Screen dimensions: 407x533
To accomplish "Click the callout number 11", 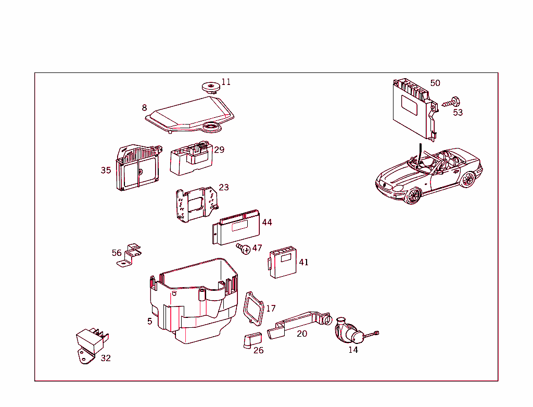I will point(225,82).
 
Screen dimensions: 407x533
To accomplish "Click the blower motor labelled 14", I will point(347,331).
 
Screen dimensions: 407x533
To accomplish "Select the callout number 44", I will point(267,223).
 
